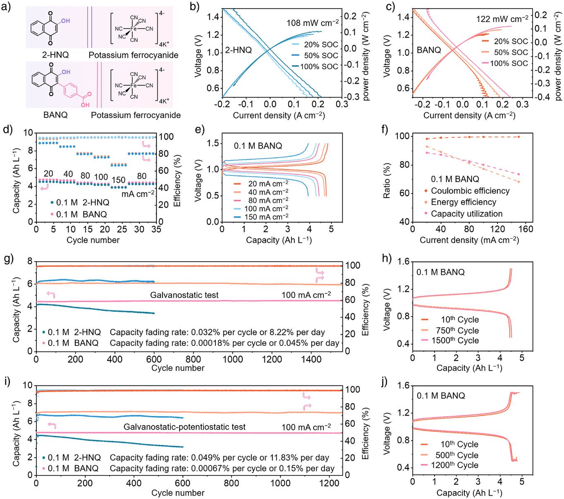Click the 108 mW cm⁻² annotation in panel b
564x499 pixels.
point(313,23)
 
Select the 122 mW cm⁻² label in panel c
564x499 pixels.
point(502,19)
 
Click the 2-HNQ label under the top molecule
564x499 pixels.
point(55,55)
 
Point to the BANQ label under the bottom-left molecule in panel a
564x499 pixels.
point(55,115)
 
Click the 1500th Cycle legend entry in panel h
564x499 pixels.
point(455,341)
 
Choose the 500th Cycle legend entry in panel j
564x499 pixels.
point(456,455)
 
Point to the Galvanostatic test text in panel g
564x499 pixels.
point(184,295)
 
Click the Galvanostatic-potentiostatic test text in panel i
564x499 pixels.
point(184,427)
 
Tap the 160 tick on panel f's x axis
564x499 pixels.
point(526,229)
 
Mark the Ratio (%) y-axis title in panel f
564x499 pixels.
point(387,181)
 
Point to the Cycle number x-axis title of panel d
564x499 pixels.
point(93,240)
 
